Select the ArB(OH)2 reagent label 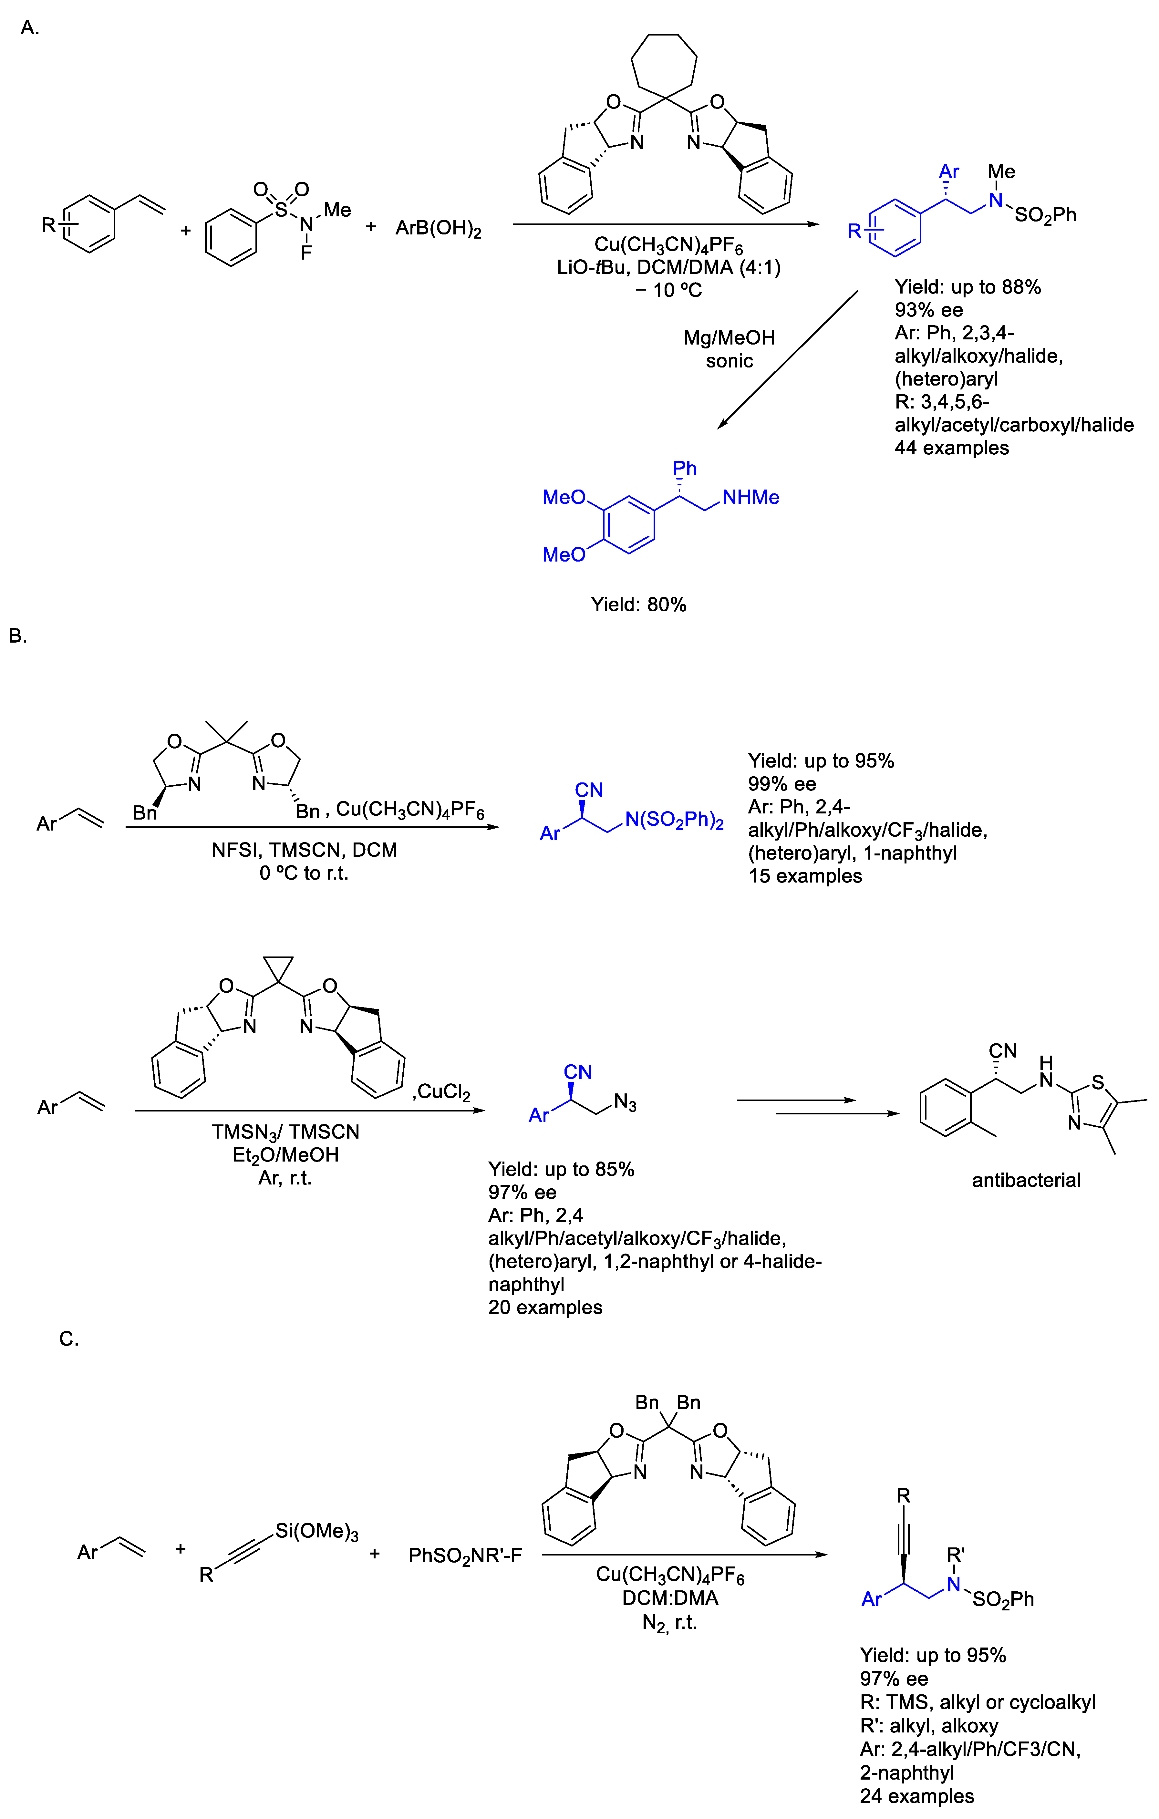pos(438,228)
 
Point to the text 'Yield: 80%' pos(638,604)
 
